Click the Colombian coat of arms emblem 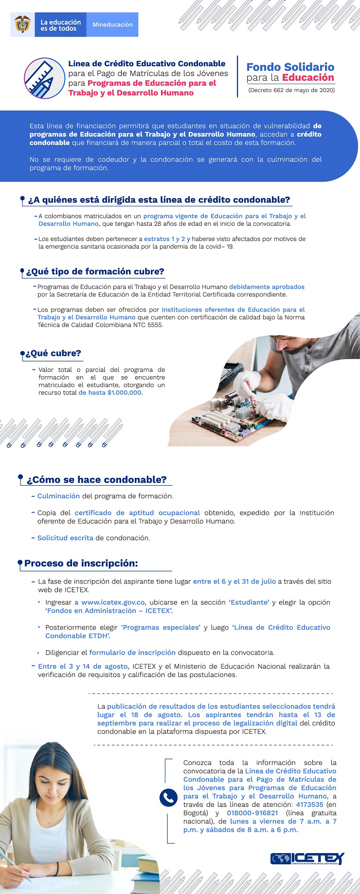22,24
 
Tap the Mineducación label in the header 112,25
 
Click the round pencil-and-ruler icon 45,78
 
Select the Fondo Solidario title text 290,67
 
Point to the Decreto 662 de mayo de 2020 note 291,90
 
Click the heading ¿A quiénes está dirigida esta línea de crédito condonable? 159,200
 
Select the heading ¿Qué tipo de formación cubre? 95,272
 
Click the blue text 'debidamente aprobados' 267,287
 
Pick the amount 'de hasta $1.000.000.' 110,393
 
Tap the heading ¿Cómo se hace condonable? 96,480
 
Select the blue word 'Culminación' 58,496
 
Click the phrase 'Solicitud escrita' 65,538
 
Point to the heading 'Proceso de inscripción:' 81,564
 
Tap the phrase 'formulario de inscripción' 132,653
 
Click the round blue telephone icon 168,797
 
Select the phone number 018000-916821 252,813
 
